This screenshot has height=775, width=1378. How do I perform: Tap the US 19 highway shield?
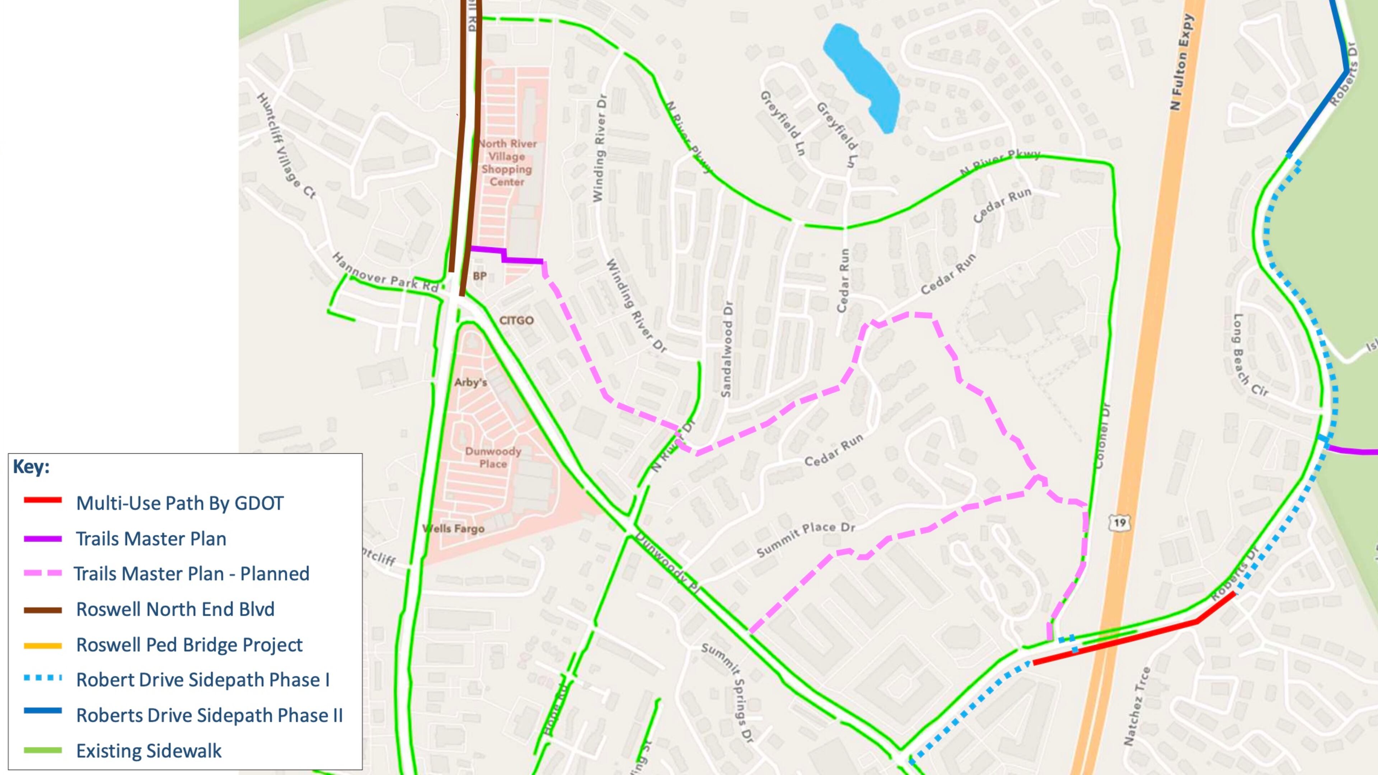[x=1120, y=522]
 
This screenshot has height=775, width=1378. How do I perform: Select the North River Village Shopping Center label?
[x=507, y=163]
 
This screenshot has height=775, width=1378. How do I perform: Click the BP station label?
[x=480, y=276]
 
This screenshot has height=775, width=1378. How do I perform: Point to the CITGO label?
[x=516, y=320]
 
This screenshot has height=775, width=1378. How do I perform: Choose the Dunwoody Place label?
[x=493, y=457]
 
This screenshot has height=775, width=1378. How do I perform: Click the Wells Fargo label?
[x=454, y=529]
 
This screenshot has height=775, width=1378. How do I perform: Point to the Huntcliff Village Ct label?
[x=286, y=145]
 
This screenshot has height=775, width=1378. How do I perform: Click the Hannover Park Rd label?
[x=385, y=273]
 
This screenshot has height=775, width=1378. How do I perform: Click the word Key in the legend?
[x=31, y=466]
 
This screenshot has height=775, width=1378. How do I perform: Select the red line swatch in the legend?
[x=43, y=501]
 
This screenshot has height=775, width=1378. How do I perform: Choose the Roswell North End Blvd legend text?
[x=175, y=609]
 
